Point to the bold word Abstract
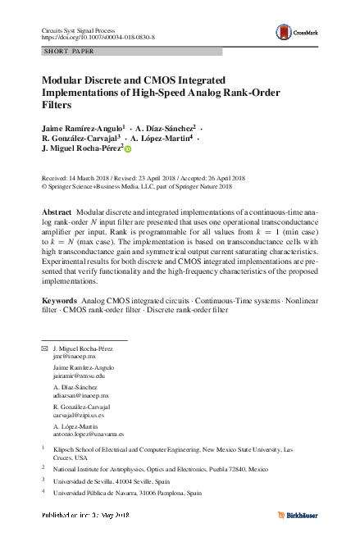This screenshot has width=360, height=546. pos(57,212)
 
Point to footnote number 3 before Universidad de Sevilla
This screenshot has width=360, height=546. pos(43,480)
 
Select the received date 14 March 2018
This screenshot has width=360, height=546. pos(90,177)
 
